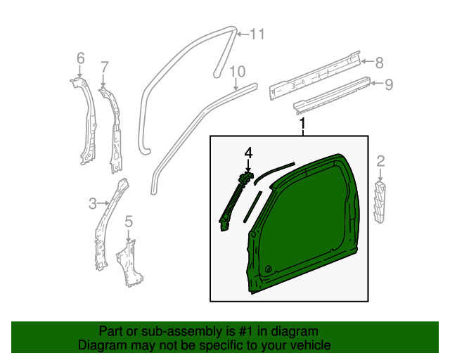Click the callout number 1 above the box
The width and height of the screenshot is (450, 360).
304,124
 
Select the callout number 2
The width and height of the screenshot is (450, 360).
380,162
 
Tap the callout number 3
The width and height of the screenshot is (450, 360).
92,205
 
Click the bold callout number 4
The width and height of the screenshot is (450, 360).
247,153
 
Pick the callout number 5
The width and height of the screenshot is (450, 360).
128,222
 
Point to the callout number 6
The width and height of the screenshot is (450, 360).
79,58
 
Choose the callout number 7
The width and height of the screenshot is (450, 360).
104,67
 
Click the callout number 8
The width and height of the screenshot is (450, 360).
379,63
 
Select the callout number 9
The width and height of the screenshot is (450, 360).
388,84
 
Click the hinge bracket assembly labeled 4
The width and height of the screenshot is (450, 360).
236,199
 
